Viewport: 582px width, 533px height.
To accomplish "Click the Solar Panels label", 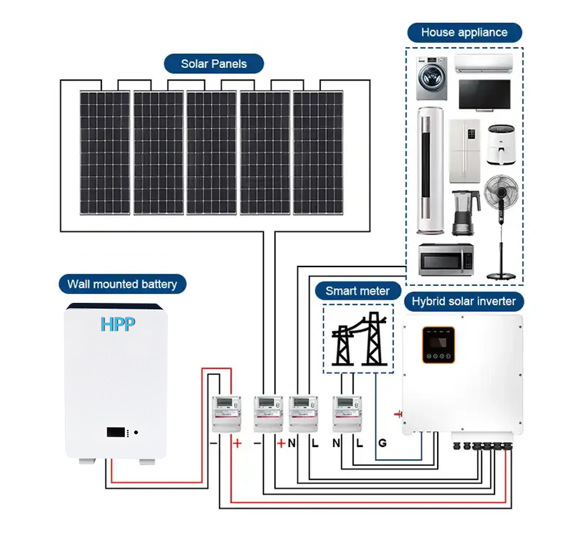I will [213, 64].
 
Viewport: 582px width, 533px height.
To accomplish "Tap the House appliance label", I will [464, 33].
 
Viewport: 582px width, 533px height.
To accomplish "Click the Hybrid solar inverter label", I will [464, 301].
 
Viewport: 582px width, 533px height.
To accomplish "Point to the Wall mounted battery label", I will [122, 284].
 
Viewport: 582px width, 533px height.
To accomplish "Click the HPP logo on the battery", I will [118, 324].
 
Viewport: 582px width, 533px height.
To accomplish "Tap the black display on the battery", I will [117, 432].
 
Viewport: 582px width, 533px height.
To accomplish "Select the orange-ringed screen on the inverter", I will [438, 344].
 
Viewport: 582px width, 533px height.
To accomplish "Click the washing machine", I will [431, 79].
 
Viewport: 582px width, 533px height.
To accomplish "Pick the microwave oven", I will [446, 259].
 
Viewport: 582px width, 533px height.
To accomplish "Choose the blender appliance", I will [465, 212].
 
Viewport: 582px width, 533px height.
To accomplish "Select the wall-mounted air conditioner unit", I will [483, 62].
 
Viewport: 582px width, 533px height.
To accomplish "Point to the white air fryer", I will [501, 145].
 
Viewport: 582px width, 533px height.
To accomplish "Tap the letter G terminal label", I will [382, 443].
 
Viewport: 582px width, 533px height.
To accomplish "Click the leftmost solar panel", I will [104, 152].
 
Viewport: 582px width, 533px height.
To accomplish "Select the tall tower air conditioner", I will [430, 170].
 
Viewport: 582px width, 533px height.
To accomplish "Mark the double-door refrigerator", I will [464, 151].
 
